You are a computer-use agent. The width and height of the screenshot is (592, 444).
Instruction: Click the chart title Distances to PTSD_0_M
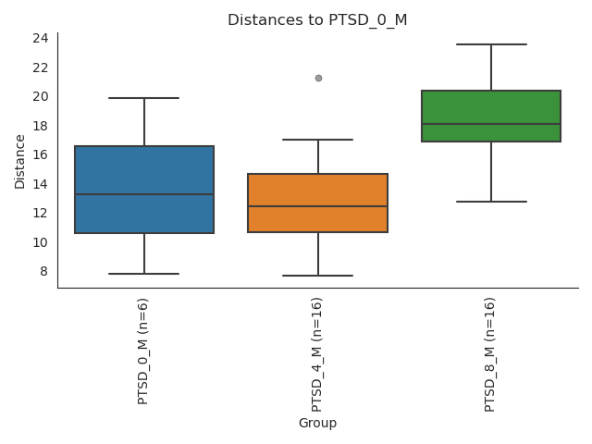point(317,20)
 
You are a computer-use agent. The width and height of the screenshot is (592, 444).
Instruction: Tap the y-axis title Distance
point(20,161)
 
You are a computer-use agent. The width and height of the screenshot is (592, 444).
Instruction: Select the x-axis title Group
point(317,423)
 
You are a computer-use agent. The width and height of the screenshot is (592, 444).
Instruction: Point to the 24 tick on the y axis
point(41,38)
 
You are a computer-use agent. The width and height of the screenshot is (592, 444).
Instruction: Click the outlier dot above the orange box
point(318,78)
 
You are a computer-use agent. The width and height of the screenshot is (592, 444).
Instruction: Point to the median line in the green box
point(491,124)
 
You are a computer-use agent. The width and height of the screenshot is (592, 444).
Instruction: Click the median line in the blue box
point(144,194)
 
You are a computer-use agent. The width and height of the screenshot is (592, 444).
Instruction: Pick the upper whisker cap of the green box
point(491,44)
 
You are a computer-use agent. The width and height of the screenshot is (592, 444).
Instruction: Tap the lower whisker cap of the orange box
point(318,276)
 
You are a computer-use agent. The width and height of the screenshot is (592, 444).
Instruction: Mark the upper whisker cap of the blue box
point(144,98)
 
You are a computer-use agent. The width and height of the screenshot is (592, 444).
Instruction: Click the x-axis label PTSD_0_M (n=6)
point(143,351)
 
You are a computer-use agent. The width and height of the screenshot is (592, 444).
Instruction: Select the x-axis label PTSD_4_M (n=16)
point(317,354)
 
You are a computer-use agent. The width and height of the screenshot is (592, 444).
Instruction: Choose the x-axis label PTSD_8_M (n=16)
point(490,354)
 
